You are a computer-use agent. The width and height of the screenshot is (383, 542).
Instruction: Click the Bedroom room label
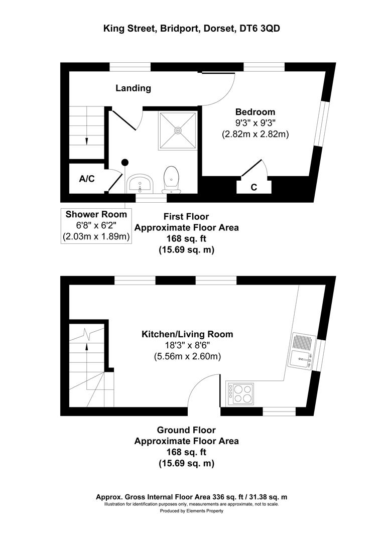(x=256, y=112)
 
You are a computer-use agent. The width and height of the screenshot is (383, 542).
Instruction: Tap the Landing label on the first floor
(x=133, y=88)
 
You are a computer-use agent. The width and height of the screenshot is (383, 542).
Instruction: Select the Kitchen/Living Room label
(x=187, y=334)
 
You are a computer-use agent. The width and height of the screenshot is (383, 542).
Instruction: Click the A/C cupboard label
(x=87, y=179)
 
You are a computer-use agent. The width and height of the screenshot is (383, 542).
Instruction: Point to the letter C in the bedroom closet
(x=254, y=188)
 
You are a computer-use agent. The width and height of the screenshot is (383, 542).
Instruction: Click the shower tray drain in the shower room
(x=178, y=130)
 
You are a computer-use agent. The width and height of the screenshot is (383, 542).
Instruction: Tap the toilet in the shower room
(x=171, y=179)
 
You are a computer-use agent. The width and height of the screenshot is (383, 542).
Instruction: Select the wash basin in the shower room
(x=140, y=184)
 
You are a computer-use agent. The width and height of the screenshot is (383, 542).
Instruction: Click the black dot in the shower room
(x=124, y=162)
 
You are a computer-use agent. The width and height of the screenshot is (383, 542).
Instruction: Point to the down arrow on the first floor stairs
(x=86, y=141)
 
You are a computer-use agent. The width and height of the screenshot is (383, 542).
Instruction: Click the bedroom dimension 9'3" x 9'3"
(x=256, y=123)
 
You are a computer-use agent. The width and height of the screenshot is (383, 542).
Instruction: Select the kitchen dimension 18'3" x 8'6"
(x=187, y=346)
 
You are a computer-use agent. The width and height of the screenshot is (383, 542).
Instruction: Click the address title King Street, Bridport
(x=191, y=29)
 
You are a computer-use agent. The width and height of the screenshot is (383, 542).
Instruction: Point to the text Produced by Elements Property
(x=191, y=511)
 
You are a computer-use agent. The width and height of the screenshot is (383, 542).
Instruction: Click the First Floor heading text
(x=186, y=217)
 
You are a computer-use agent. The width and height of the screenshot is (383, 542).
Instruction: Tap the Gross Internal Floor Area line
(x=191, y=497)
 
